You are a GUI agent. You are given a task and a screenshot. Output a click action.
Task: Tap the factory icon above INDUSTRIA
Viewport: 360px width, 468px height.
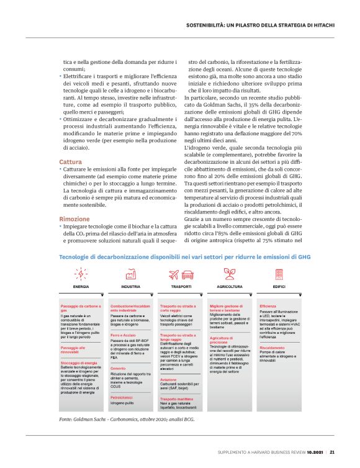click(x=130, y=274)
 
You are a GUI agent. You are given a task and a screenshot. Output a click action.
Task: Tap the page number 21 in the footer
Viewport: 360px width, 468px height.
click(x=333, y=451)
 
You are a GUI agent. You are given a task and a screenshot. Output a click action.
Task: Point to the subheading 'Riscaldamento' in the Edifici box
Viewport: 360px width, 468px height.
click(x=272, y=348)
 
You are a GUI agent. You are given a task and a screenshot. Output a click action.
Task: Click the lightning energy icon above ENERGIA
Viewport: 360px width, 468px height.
click(x=81, y=274)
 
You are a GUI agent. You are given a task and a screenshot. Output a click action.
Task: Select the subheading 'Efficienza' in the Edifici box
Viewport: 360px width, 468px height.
click(x=268, y=307)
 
